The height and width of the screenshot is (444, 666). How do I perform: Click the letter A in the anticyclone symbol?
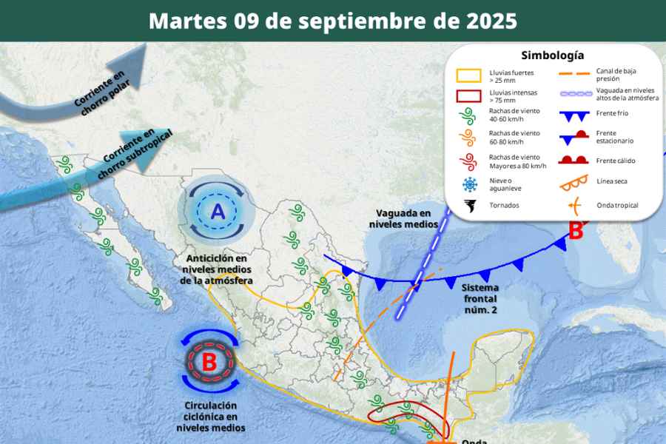pyautogui.click(x=218, y=212)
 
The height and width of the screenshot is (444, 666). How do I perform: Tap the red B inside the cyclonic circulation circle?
pyautogui.click(x=210, y=363)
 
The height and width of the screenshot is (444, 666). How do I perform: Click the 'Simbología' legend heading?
pyautogui.click(x=552, y=55)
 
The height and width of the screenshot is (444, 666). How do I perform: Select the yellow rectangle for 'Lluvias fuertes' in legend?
pyautogui.click(x=468, y=76)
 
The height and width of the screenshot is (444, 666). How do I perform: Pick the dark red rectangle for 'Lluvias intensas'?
pyautogui.click(x=468, y=96)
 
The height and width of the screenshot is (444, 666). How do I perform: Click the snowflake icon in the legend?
pyautogui.click(x=468, y=185)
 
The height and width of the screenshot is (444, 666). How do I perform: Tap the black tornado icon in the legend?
pyautogui.click(x=468, y=206)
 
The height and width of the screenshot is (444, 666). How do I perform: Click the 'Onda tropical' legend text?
pyautogui.click(x=617, y=205)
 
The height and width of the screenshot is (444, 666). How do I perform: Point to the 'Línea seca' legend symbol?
pyautogui.click(x=573, y=182)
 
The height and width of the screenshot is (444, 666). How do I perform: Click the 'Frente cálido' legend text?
pyautogui.click(x=616, y=161)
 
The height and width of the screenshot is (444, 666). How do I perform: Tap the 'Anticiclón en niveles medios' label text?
pyautogui.click(x=218, y=269)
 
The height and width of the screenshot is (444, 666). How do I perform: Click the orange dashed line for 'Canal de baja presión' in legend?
pyautogui.click(x=573, y=74)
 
